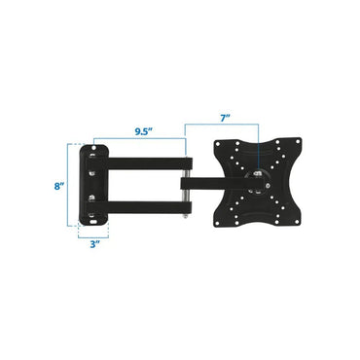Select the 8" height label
point(60,185)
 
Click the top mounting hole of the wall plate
point(94,150)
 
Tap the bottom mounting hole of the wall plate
point(94,219)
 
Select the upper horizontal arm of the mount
point(146,156)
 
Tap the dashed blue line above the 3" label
point(93,233)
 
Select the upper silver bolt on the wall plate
point(94,166)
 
